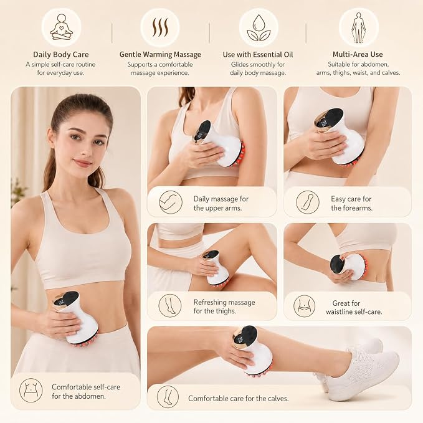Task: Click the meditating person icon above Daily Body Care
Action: (61, 27)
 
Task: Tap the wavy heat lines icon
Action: (160, 27)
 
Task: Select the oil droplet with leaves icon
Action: (259, 27)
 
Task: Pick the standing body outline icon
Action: (359, 27)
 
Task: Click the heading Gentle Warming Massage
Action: (160, 54)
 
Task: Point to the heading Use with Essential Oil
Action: (258, 54)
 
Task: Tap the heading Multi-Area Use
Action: (358, 54)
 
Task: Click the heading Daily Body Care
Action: (61, 54)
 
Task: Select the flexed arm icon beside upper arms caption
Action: (171, 202)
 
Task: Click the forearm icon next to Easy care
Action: (308, 202)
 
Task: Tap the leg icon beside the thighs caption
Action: (170, 306)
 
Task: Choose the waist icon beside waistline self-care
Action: (304, 306)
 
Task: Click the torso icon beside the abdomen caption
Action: (31, 390)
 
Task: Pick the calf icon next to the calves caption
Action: (168, 397)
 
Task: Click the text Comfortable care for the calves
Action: (239, 399)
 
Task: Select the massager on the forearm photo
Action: (340, 136)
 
